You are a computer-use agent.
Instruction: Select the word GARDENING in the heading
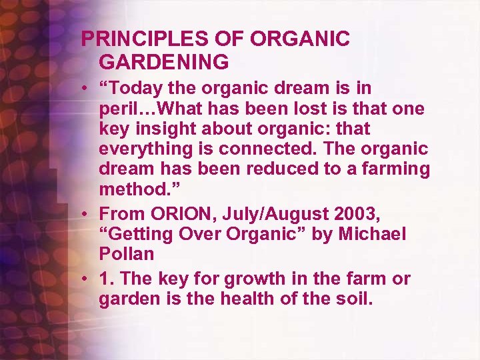pyautogui.click(x=164, y=62)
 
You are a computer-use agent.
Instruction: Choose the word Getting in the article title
pyautogui.click(x=136, y=234)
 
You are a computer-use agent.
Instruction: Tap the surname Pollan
pyautogui.click(x=127, y=254)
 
